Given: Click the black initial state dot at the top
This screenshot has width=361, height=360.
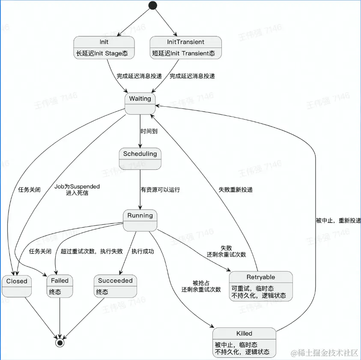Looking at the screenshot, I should pyautogui.click(x=152, y=6).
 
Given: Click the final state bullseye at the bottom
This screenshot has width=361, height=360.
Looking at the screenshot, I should pyautogui.click(x=60, y=342).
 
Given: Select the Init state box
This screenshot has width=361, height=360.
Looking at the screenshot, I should pyautogui.click(x=104, y=48).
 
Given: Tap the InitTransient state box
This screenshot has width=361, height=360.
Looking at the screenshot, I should pyautogui.click(x=185, y=48).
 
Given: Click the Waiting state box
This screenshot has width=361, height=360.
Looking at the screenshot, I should pyautogui.click(x=140, y=104).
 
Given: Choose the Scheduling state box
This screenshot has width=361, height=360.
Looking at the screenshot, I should pyautogui.click(x=140, y=159).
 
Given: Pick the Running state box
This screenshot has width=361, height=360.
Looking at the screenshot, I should pyautogui.click(x=140, y=220).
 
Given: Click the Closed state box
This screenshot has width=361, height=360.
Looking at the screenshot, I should pyautogui.click(x=17, y=286).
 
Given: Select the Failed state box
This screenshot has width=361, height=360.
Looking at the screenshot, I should pyautogui.click(x=60, y=286).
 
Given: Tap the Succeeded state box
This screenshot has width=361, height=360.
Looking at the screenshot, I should pyautogui.click(x=116, y=286).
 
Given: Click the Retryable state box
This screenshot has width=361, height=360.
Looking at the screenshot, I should pyautogui.click(x=261, y=286).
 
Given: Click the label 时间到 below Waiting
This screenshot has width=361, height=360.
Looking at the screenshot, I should pyautogui.click(x=149, y=132).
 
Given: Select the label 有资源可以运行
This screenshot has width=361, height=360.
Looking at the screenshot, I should pyautogui.click(x=160, y=190).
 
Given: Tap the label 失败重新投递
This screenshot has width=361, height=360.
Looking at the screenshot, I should pyautogui.click(x=236, y=190).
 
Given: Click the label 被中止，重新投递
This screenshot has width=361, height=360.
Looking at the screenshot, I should pyautogui.click(x=338, y=221).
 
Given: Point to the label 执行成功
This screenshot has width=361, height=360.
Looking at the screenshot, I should pyautogui.click(x=143, y=252).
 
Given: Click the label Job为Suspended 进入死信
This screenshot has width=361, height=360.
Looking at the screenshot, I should pyautogui.click(x=77, y=190).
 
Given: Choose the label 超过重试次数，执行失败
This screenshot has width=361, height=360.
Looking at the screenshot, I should pyautogui.click(x=92, y=252).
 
